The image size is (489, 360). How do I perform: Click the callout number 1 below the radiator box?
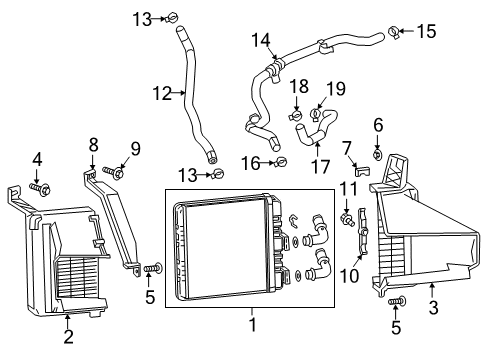pyautogui.click(x=252, y=325)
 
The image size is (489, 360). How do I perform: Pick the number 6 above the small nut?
pyautogui.click(x=378, y=125)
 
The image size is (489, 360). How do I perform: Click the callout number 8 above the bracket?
pyautogui.click(x=93, y=145)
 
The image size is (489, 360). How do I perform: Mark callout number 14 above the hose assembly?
pyautogui.click(x=261, y=40)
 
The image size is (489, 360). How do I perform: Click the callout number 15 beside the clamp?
pyautogui.click(x=427, y=31)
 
